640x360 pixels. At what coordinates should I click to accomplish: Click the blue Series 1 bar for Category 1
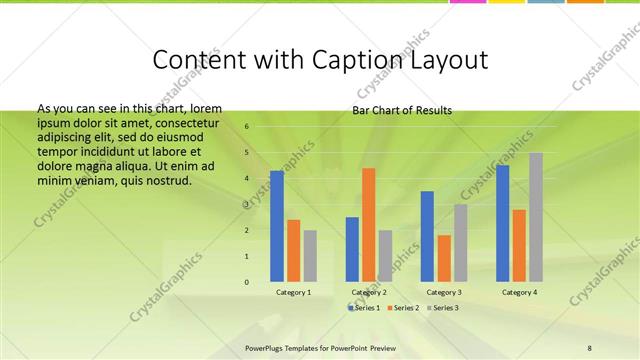tap(277, 226)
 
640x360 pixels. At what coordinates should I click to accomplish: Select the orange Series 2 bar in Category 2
tap(368, 225)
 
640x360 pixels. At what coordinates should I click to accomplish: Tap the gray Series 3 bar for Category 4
tap(536, 217)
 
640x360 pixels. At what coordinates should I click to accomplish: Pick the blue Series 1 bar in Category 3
tap(427, 236)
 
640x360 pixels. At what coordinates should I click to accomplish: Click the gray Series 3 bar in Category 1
tap(310, 256)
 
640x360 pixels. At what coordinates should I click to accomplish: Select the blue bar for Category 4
tap(502, 223)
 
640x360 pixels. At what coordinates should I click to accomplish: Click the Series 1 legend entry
tap(365, 308)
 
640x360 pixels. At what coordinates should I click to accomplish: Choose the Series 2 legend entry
tap(401, 308)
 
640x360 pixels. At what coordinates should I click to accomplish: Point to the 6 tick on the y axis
tap(247, 127)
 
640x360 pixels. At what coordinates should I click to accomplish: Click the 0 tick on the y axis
tap(247, 282)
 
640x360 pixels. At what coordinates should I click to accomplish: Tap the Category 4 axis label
tap(518, 292)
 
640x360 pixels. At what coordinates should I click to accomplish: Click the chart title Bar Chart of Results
tap(402, 110)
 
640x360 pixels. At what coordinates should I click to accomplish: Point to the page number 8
tap(590, 348)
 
